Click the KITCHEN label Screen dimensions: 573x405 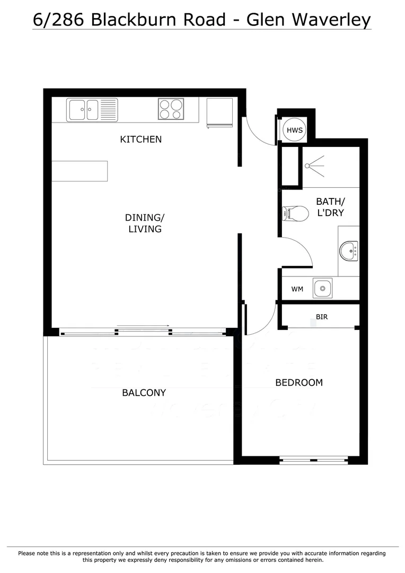pyautogui.click(x=140, y=140)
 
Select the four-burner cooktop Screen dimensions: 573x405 pyautogui.click(x=171, y=109)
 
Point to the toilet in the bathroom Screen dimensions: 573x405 pyautogui.click(x=295, y=214)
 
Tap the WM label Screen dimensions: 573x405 pyautogui.click(x=297, y=289)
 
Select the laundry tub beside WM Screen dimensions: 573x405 pyautogui.click(x=322, y=289)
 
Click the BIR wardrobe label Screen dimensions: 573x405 pyautogui.click(x=321, y=317)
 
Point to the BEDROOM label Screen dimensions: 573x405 pyautogui.click(x=298, y=383)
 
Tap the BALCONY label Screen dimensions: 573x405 pyautogui.click(x=144, y=393)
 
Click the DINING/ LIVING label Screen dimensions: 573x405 pyautogui.click(x=144, y=223)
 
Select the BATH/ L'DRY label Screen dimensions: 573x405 pyautogui.click(x=330, y=207)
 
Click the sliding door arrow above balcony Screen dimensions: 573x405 pyautogui.click(x=143, y=326)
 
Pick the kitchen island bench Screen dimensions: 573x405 pyautogui.click(x=80, y=171)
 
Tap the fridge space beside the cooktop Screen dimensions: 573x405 pyautogui.click(x=219, y=112)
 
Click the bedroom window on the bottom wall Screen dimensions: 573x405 pyautogui.click(x=314, y=460)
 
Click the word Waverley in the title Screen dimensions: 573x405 pyautogui.click(x=329, y=20)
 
